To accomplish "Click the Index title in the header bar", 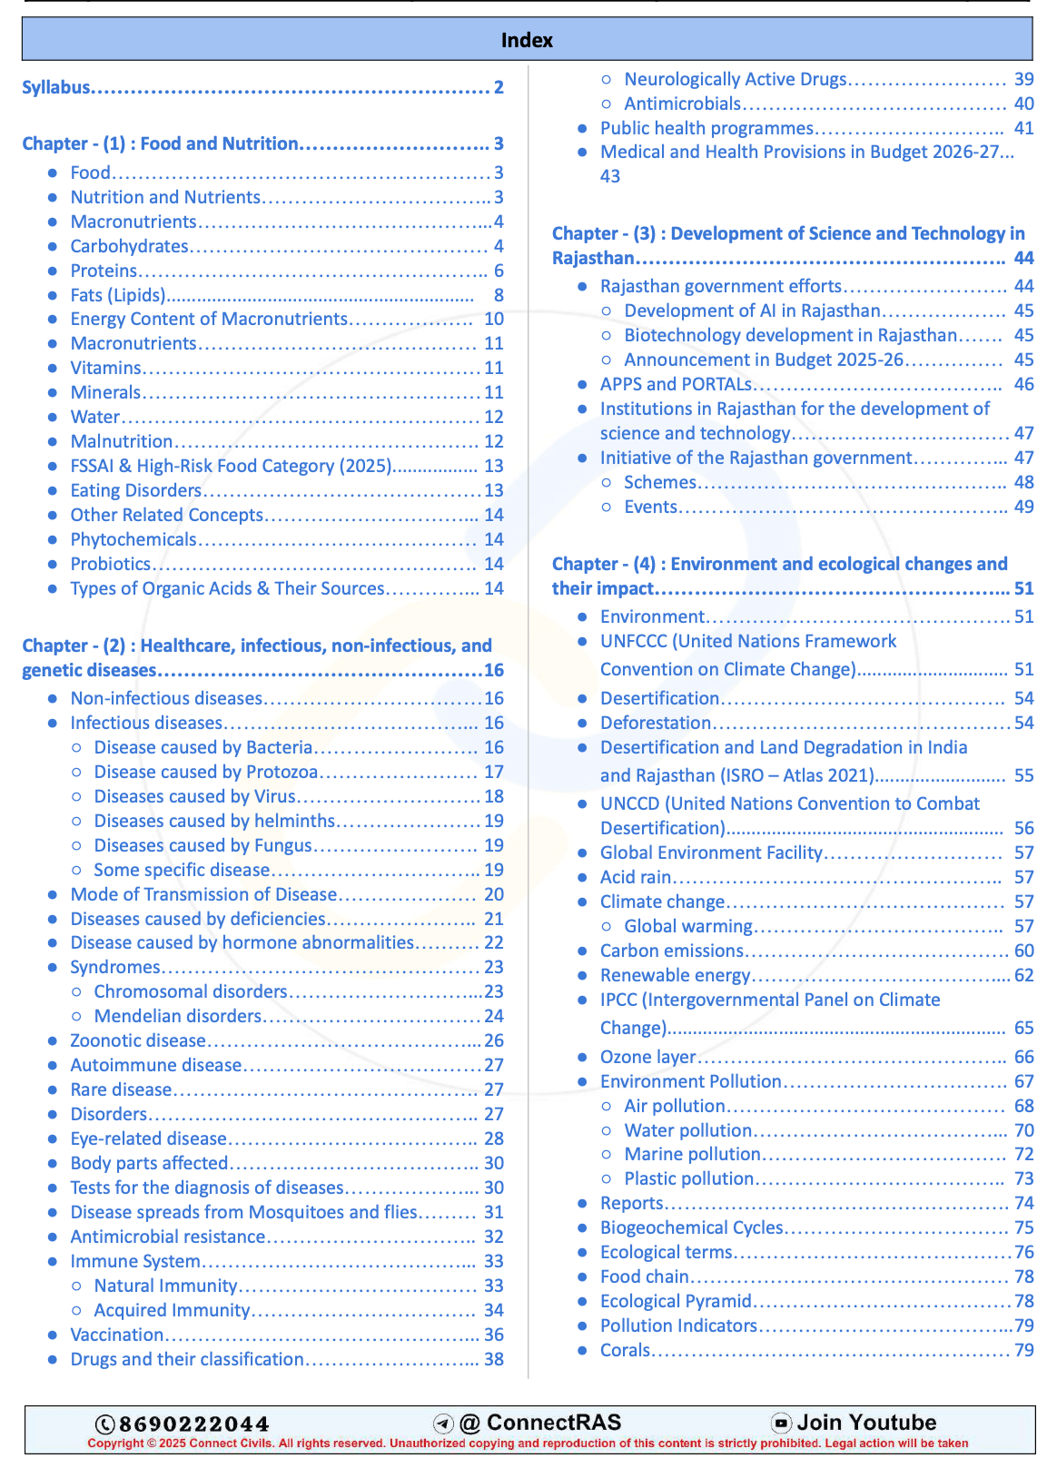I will click(x=527, y=40).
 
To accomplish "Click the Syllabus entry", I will click(x=56, y=87).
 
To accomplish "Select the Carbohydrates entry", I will click(x=130, y=246).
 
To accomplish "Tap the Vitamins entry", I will click(x=106, y=368).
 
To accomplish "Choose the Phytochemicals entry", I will click(x=133, y=539).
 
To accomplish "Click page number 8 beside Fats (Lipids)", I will click(x=499, y=295).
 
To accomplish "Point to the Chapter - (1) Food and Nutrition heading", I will click(x=161, y=143).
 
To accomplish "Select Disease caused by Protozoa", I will click(x=206, y=772).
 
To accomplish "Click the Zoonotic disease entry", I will click(x=138, y=1040).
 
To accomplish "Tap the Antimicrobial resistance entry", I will click(x=168, y=1237).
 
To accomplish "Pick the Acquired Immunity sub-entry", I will click(x=172, y=1310).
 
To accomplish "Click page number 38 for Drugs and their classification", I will click(x=494, y=1359).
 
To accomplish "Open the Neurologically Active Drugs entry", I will click(x=735, y=79).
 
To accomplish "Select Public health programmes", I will click(x=706, y=128).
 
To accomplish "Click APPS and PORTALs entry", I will click(x=677, y=384).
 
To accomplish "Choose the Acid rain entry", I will click(x=636, y=877).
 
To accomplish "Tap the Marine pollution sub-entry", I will click(x=692, y=1154).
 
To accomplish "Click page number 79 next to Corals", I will click(x=1024, y=1350).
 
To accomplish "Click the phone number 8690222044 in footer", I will click(x=193, y=1424).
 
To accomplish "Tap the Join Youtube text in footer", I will click(x=865, y=1423).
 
